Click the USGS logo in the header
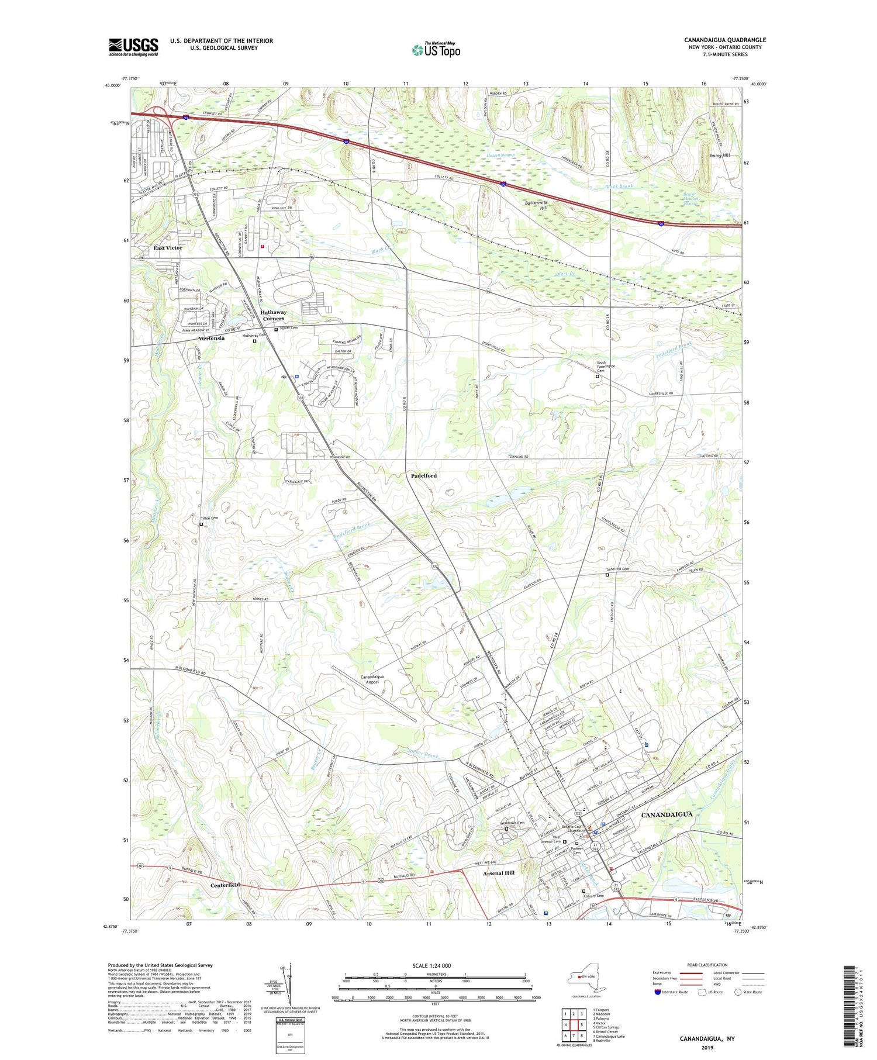pos(133,47)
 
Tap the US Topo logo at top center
pos(436,50)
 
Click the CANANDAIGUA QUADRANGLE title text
pos(724,40)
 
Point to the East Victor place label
pos(168,248)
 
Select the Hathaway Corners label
pos(273,315)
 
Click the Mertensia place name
pos(211,339)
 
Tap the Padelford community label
pos(424,476)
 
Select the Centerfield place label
pos(225,885)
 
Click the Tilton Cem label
pos(209,519)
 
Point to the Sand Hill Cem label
pos(617,569)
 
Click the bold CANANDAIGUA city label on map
pos(667,814)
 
